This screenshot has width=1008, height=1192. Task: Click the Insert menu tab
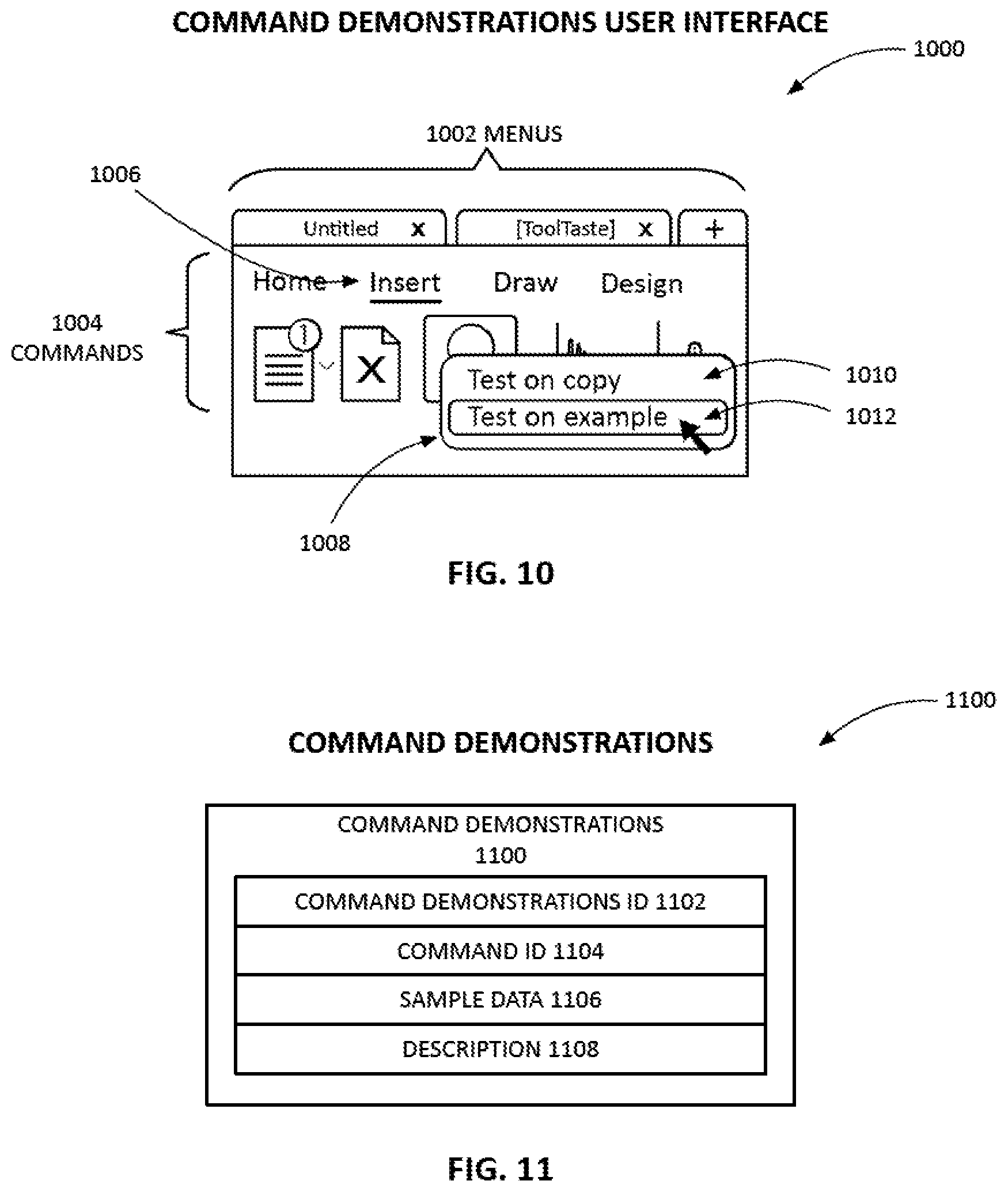(405, 283)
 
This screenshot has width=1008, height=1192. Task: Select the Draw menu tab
(525, 282)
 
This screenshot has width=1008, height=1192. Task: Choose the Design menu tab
(642, 284)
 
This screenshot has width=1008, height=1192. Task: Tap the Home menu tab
(290, 282)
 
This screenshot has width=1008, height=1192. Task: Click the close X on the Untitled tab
(418, 230)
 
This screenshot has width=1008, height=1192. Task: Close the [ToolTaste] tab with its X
(646, 230)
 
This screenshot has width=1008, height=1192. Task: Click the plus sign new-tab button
(714, 229)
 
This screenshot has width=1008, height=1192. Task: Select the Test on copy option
(544, 380)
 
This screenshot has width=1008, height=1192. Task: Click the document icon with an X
(371, 364)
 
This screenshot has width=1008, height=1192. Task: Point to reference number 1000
(939, 49)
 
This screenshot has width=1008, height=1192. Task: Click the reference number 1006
(115, 174)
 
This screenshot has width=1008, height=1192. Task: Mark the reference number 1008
(325, 543)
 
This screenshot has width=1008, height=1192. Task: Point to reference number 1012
(871, 416)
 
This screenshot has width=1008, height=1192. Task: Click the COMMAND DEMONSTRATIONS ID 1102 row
(500, 901)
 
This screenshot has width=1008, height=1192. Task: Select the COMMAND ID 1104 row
(500, 950)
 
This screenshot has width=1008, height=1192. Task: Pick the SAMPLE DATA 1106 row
(500, 999)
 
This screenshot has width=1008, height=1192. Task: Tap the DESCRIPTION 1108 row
(500, 1049)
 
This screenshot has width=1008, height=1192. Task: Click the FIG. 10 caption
(501, 574)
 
